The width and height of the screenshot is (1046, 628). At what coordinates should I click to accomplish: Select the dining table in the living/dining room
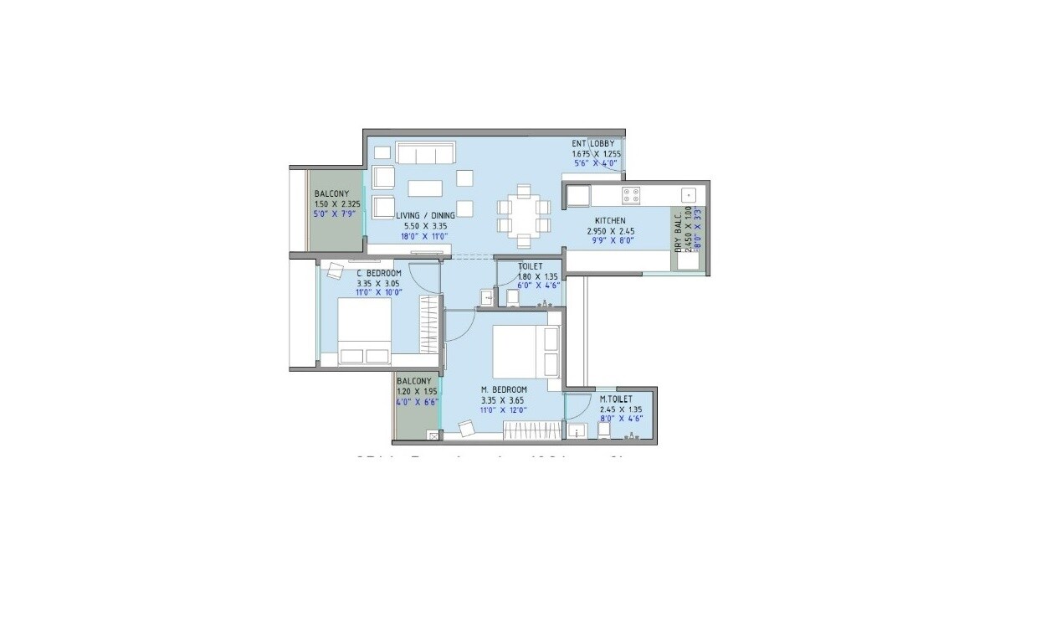pos(523,216)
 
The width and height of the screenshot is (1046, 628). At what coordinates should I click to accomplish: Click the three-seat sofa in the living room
pos(426,153)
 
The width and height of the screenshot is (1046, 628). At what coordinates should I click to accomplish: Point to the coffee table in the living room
pos(426,188)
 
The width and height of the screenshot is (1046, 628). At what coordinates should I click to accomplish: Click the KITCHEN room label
pos(611,221)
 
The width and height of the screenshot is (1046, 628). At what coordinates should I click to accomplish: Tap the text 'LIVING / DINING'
pos(426,215)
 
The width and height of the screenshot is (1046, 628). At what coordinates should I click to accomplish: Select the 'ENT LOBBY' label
pos(593,144)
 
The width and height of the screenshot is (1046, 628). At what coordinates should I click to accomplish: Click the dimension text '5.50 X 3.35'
pos(427,226)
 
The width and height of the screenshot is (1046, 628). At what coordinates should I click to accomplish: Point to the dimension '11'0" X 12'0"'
pos(504,410)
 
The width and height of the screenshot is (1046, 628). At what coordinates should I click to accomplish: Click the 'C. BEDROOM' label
pos(379,273)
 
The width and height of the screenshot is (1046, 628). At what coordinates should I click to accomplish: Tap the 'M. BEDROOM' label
pos(504,390)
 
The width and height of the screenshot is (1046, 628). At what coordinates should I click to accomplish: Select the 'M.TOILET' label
pos(616,399)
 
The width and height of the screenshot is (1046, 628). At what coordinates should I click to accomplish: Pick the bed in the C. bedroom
pos(364,331)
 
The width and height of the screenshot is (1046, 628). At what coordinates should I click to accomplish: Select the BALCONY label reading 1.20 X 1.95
pos(415,382)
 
